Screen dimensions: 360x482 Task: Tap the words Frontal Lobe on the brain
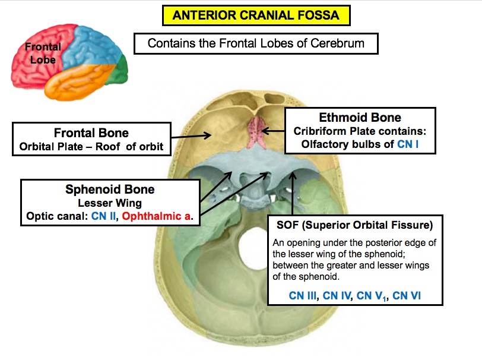[43, 53]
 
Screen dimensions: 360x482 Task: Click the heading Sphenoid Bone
[110, 190]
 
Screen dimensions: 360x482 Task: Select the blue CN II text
[104, 216]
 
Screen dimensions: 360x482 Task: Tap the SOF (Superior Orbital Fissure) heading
[354, 226]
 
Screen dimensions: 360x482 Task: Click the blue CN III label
[302, 295]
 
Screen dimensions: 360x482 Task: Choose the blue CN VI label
[407, 295]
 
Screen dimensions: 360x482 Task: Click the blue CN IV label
[337, 295]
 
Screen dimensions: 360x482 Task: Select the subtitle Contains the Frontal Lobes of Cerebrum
[256, 43]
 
